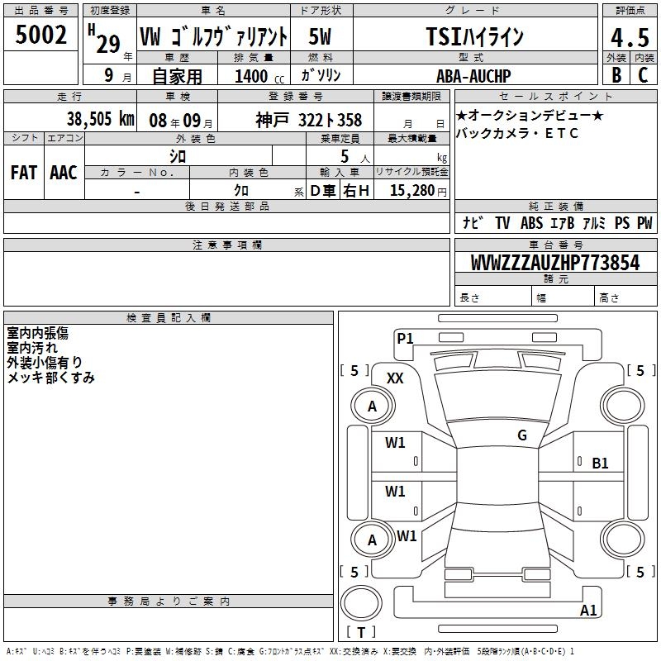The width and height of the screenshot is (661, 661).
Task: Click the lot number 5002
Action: click(x=40, y=35)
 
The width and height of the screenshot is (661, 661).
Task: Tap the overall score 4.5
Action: click(x=630, y=37)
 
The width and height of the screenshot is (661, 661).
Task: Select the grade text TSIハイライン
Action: click(x=475, y=36)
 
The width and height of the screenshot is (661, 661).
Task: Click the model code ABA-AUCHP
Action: click(x=473, y=76)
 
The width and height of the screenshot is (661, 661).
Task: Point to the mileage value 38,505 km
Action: click(x=100, y=119)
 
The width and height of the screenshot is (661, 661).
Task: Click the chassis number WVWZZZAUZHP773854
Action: click(x=555, y=263)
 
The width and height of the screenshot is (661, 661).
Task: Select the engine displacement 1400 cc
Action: click(x=259, y=76)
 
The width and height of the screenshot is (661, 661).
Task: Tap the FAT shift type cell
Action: click(x=24, y=173)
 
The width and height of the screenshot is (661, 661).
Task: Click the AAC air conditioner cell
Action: click(x=64, y=173)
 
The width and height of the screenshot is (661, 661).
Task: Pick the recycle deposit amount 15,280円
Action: click(x=418, y=191)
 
